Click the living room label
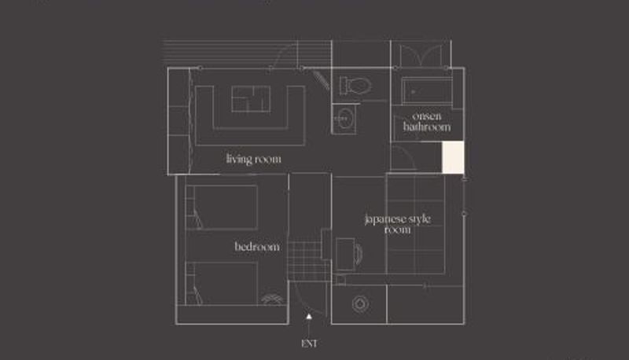[x=253, y=159]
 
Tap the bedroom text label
[x=257, y=246]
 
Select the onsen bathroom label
[x=427, y=122]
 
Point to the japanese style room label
[x=398, y=224]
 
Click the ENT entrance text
[x=309, y=343]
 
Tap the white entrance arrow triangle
[x=309, y=316]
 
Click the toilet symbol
[x=355, y=86]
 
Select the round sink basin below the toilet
[x=344, y=119]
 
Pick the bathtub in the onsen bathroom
[x=427, y=91]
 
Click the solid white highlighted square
[x=454, y=157]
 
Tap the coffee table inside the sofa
[x=251, y=99]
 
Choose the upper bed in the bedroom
[x=222, y=207]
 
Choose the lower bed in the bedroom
[x=222, y=284]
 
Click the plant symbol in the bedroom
[x=272, y=299]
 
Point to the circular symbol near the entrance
[x=361, y=304]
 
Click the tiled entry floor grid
[x=310, y=261]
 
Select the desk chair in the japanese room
[x=359, y=254]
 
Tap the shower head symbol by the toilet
[x=322, y=79]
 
